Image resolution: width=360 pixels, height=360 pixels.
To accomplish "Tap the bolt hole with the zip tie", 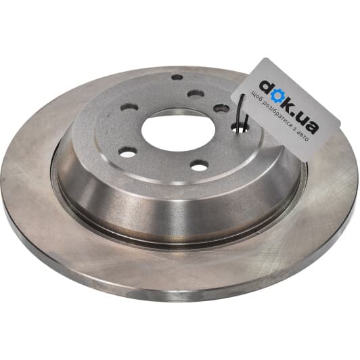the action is (239, 128).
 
